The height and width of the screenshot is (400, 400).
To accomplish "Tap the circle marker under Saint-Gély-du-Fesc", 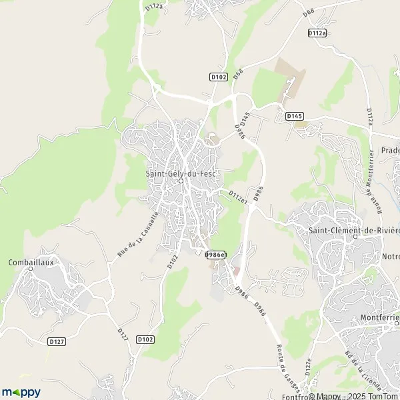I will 181,180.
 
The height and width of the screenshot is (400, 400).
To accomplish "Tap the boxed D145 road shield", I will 295,116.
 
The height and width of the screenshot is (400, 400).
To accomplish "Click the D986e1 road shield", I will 216,255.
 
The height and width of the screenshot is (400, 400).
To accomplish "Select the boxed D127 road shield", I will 57,341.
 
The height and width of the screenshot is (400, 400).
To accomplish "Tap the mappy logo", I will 21,392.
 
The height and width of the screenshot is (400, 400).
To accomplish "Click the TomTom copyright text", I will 377,396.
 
